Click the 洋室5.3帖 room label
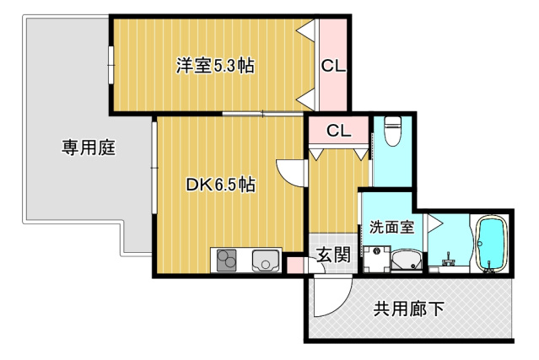point(215,65)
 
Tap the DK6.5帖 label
point(220,185)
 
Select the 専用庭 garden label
point(89,148)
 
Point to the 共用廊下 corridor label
point(409,309)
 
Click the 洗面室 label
point(391,227)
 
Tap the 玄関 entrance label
point(333,255)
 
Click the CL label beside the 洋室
point(333,66)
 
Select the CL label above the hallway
point(338,131)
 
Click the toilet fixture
point(392,131)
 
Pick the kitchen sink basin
point(266,260)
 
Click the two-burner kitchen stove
point(227,260)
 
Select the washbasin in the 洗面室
point(407,260)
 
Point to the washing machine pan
point(377,259)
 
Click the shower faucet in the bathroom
point(449,261)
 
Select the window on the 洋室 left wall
point(110,65)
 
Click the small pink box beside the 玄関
point(295,266)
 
